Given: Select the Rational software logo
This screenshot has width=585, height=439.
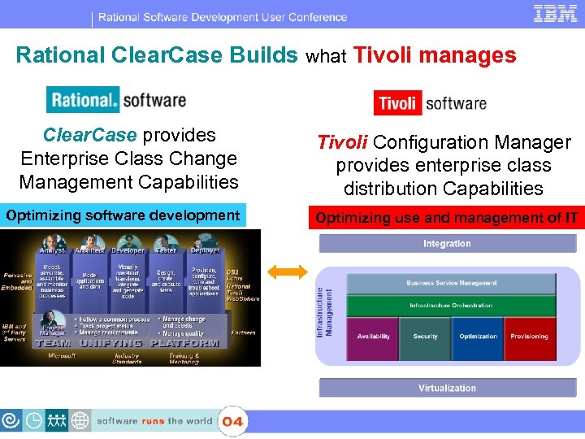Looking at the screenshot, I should (x=116, y=101).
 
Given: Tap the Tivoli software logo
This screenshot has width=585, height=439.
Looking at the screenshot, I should (x=430, y=102).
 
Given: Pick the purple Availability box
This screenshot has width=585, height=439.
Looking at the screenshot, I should (x=373, y=337).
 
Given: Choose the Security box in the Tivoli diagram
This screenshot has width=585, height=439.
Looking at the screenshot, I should (x=425, y=337).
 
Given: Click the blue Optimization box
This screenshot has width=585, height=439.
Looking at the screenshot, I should (x=478, y=337).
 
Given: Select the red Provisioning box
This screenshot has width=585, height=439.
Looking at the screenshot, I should (x=529, y=337).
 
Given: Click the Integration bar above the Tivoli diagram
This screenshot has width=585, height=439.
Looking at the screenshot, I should (x=447, y=244).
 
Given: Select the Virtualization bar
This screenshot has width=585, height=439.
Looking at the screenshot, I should (x=447, y=388).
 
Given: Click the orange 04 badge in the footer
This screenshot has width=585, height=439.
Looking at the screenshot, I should (x=232, y=421).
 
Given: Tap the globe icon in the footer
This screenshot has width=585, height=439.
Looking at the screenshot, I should (x=80, y=421).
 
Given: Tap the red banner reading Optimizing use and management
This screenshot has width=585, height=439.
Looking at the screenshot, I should (x=447, y=218).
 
